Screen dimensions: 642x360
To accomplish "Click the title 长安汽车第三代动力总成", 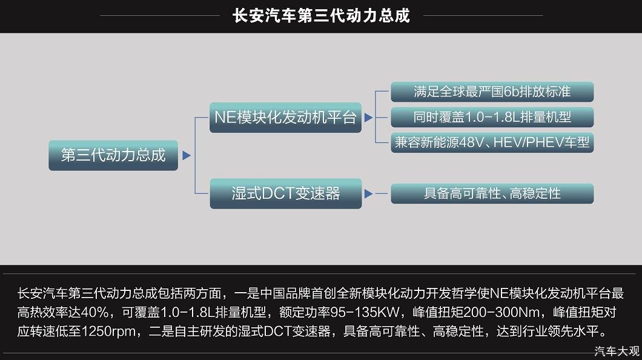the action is (x=321, y=16).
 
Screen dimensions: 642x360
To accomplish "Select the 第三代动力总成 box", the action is (x=113, y=155).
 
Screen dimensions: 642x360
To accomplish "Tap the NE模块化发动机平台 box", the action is (x=285, y=118).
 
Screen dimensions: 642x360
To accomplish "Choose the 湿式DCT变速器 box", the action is (x=285, y=193).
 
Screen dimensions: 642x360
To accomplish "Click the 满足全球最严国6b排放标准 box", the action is (x=492, y=92).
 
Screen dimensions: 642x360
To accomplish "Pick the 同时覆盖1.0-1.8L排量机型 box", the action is (x=492, y=118).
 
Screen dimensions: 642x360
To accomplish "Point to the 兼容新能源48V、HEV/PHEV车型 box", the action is (x=492, y=142).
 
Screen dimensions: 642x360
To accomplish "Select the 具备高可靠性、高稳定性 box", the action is (x=492, y=193).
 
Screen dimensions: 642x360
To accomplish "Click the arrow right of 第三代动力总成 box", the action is (x=187, y=155).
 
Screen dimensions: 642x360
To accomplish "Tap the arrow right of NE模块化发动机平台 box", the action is (x=368, y=118).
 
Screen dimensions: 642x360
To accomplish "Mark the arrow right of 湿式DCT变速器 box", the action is (x=368, y=193).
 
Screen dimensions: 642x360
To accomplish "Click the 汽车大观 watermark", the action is (x=617, y=351).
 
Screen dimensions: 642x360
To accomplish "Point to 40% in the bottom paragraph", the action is (x=95, y=312).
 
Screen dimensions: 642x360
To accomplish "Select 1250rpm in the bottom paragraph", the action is (x=108, y=331).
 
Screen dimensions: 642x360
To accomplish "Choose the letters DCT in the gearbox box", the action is (x=277, y=193).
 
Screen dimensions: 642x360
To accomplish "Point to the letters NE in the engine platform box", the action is (x=225, y=118).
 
